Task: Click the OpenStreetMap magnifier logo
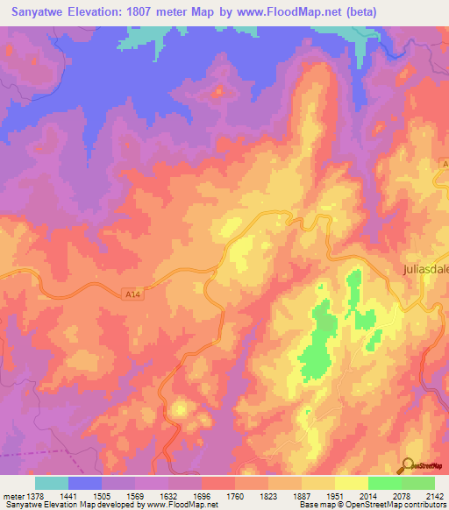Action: pyautogui.click(x=410, y=467)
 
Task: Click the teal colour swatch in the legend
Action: pyautogui.click(x=52, y=483)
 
